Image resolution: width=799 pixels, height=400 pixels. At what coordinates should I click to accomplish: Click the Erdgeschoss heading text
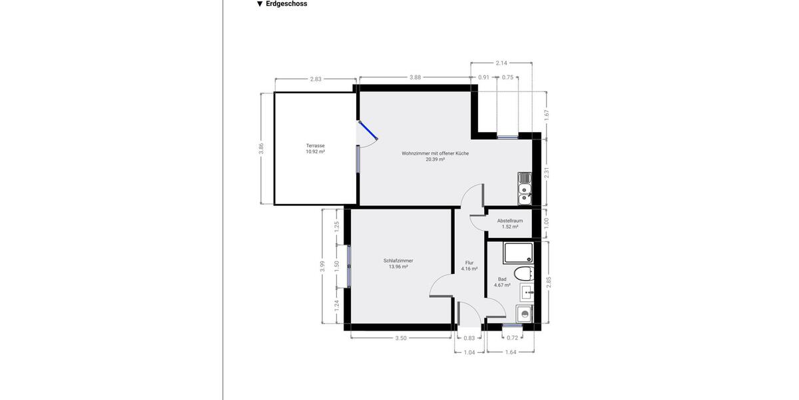click(286, 4)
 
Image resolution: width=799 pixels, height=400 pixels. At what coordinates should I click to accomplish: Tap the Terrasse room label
click(315, 145)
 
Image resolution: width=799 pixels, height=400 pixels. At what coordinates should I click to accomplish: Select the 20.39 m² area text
click(435, 160)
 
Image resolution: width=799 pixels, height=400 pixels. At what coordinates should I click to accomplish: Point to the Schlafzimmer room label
click(398, 261)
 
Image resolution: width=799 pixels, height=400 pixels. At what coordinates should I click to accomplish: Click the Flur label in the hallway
click(469, 263)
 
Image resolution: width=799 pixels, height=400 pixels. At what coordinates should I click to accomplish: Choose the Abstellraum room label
click(510, 221)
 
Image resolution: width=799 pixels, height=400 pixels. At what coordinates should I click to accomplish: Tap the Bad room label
click(502, 279)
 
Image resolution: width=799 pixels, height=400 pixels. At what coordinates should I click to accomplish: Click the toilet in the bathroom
click(523, 272)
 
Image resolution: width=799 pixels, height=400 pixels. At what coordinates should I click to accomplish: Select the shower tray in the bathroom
click(518, 253)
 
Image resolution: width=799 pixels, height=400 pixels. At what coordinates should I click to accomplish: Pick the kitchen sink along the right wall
click(525, 189)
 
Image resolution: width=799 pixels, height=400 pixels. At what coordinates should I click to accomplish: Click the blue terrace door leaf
click(368, 130)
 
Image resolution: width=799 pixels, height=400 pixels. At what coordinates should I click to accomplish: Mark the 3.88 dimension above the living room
click(415, 77)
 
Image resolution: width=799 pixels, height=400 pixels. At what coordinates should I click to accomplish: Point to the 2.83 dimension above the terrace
click(316, 79)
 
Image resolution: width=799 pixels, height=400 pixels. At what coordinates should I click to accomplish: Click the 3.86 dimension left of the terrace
click(262, 149)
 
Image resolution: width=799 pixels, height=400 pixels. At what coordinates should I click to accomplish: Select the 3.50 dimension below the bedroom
click(401, 338)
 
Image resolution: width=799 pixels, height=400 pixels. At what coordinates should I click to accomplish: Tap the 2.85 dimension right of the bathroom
click(549, 282)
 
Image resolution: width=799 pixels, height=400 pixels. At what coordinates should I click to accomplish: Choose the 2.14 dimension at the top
click(501, 63)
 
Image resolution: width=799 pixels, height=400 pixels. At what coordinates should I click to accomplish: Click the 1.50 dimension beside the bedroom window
click(337, 265)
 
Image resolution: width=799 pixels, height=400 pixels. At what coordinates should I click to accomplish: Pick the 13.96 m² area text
click(398, 267)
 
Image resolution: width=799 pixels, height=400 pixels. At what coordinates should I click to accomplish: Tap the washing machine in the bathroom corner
click(525, 315)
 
